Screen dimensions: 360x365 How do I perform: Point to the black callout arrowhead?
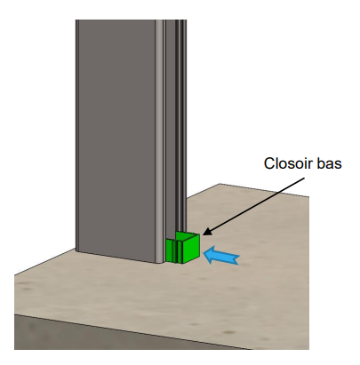click(207, 232)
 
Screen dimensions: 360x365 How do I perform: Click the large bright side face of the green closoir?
click(191, 248)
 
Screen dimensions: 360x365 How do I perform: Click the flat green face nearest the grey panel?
click(170, 250)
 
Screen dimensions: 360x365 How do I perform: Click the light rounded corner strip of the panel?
click(160, 140)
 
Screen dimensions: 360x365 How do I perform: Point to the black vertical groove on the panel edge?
click(177, 124)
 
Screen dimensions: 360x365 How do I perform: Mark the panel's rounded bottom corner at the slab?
click(160, 262)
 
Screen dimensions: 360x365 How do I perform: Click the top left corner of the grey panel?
click(76, 20)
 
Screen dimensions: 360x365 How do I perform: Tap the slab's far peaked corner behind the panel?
click(220, 184)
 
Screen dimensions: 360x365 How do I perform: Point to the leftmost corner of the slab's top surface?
click(14, 275)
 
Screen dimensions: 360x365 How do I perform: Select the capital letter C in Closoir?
click(269, 163)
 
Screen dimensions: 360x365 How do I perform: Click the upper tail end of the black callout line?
click(305, 178)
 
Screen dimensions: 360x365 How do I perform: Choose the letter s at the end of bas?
click(338, 165)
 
